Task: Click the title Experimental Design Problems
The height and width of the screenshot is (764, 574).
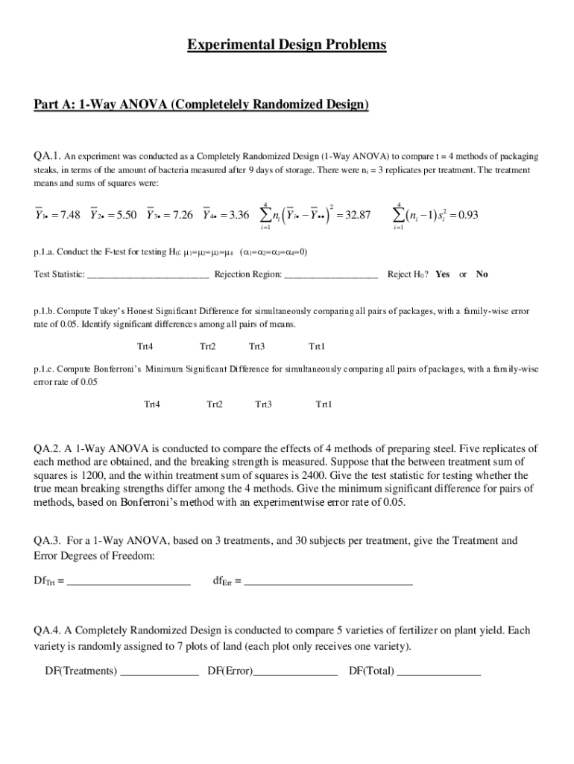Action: (x=287, y=46)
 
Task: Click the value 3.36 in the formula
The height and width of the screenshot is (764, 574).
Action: (x=238, y=216)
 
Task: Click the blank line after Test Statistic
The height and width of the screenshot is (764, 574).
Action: (x=148, y=275)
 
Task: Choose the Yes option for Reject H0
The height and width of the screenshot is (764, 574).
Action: (x=442, y=274)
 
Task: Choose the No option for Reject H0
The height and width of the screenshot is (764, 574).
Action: (x=482, y=274)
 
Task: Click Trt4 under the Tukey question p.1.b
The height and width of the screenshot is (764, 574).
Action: (x=145, y=347)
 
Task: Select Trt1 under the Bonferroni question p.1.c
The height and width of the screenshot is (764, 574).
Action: (x=324, y=404)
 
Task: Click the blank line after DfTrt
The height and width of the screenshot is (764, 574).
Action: (x=128, y=581)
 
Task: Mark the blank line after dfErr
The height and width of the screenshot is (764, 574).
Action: (x=328, y=581)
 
